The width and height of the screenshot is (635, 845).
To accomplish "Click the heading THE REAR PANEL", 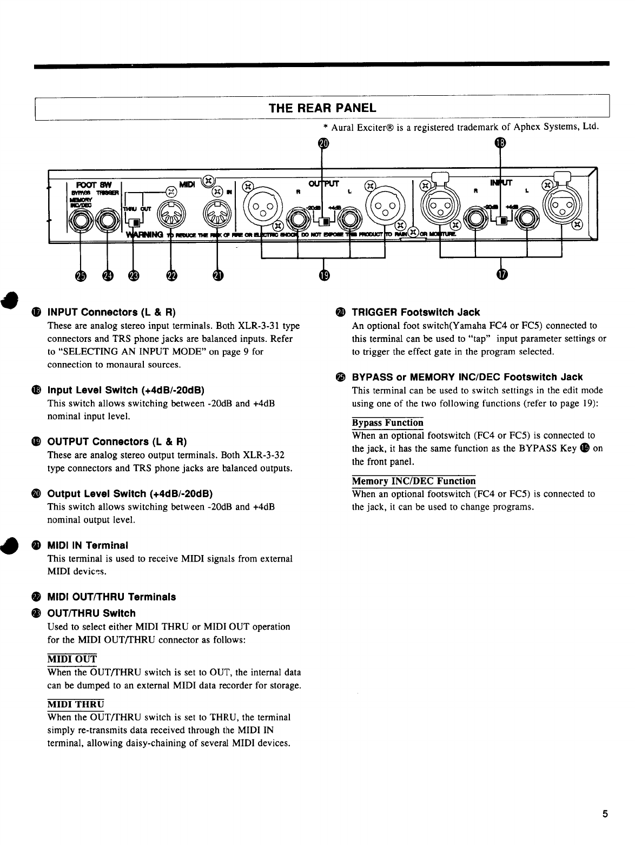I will pyautogui.click(x=322, y=107).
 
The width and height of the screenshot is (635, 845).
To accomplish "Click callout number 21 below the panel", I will pyautogui.click(x=217, y=276).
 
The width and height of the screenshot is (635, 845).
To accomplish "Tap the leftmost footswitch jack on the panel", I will pyautogui.click(x=82, y=221).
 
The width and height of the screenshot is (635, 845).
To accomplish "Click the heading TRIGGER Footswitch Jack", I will pyautogui.click(x=415, y=312).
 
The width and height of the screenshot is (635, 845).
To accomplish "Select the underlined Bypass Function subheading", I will pyautogui.click(x=387, y=422).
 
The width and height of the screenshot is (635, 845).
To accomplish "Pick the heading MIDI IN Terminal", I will pyautogui.click(x=88, y=545).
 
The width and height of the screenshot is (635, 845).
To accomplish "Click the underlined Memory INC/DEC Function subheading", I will pyautogui.click(x=414, y=481).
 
